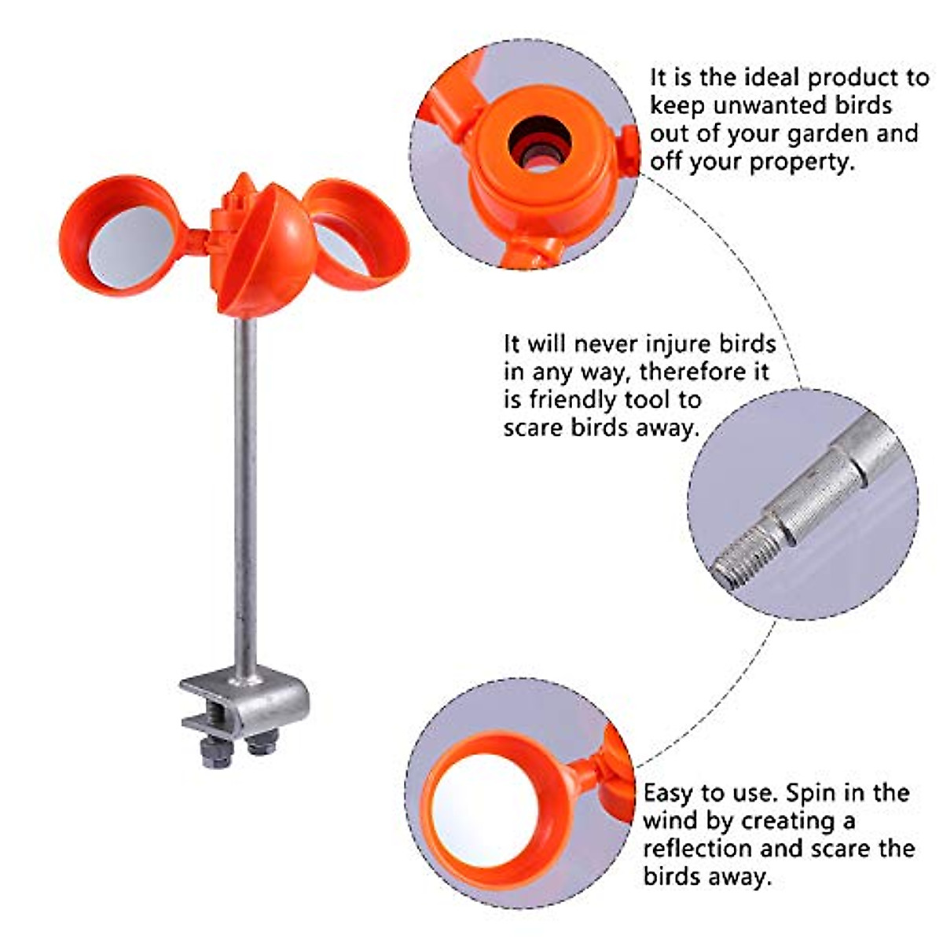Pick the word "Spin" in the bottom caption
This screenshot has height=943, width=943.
tap(810, 792)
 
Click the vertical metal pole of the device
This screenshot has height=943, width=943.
tap(246, 495)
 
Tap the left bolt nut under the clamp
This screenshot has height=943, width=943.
tap(215, 754)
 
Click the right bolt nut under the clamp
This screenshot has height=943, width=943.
tap(262, 741)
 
